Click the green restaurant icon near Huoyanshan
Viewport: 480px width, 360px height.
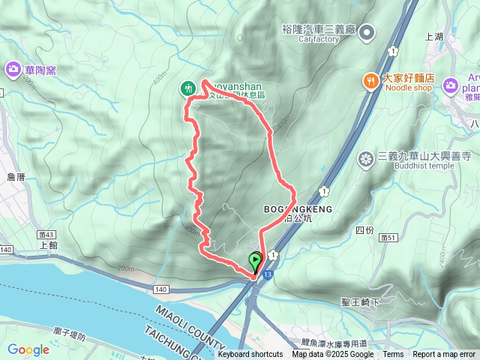(187, 88)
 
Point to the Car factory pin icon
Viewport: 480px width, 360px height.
(367, 31)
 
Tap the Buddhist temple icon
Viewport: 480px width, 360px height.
(365, 157)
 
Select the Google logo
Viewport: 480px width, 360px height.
(28, 349)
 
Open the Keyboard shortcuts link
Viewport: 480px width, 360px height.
(250, 355)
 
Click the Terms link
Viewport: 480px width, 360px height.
(393, 355)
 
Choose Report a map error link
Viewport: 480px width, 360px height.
(444, 355)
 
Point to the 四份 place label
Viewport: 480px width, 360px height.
(364, 230)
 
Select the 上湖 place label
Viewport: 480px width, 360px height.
(434, 35)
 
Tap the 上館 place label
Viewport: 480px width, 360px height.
(48, 244)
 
